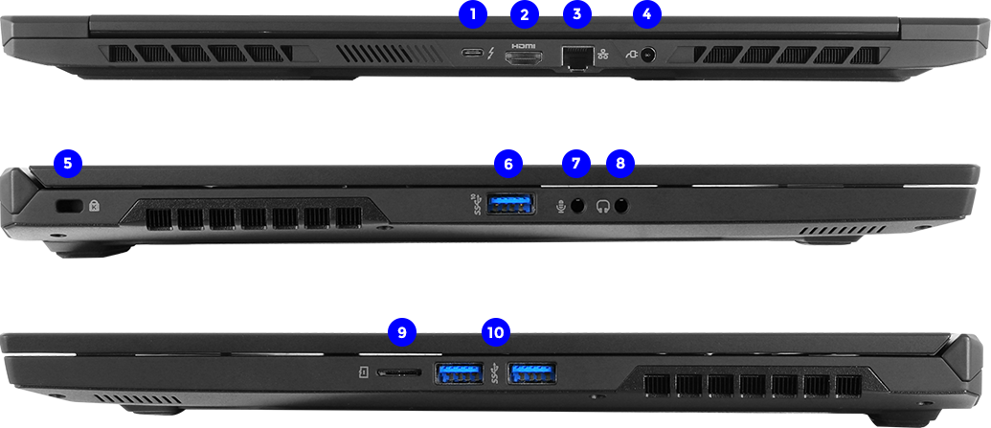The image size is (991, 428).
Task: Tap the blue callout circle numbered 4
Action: pos(646,14)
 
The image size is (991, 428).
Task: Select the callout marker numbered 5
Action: pos(68,164)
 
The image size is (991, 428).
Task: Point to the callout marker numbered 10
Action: pos(496,330)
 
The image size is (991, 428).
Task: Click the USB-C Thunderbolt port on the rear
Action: pos(472,55)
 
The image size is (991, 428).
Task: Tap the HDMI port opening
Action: pos(524,58)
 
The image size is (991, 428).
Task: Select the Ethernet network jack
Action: pos(577,57)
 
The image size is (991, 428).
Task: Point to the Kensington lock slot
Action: pos(67,206)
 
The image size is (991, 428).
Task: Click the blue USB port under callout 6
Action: pos(511,204)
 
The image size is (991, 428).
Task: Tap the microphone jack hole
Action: pos(577,206)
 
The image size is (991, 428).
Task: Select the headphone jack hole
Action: pos(622,206)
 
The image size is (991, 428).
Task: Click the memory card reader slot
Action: pos(399,372)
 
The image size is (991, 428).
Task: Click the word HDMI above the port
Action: pos(524,46)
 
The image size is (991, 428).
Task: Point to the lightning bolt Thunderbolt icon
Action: pos(491,55)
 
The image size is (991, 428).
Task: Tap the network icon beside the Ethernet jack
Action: pos(602,55)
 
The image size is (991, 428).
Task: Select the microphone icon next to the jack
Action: pos(560,206)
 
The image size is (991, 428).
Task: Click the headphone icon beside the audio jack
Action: pos(603,206)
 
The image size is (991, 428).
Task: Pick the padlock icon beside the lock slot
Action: pos(94,206)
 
